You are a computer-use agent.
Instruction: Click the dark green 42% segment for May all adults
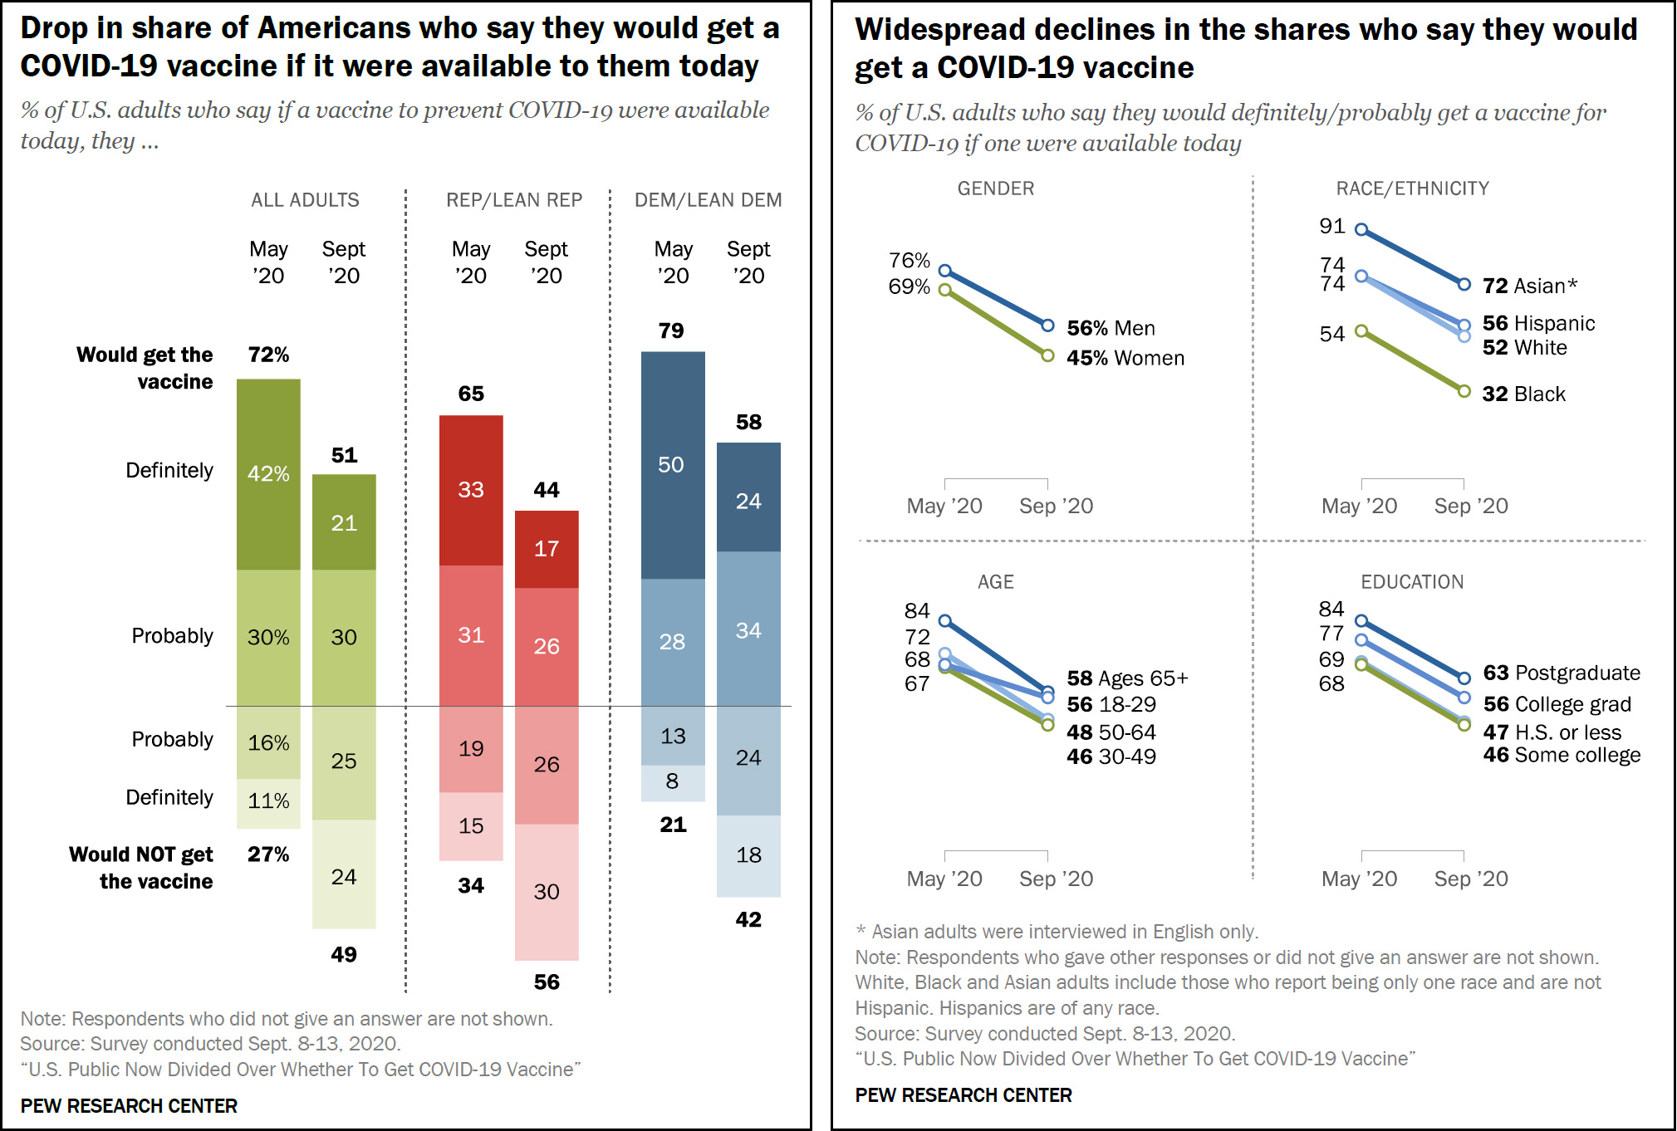268,474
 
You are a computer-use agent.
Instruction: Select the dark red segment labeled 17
547,549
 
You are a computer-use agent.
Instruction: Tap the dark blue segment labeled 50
672,465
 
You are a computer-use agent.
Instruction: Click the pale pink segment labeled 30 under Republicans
547,892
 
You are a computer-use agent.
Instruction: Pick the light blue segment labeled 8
673,782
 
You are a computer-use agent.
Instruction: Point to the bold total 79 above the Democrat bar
671,331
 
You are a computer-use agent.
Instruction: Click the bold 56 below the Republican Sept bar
547,982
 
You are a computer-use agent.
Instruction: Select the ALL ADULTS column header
305,200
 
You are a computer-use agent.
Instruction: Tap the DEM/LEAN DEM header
708,200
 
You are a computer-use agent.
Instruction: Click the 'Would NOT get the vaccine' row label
142,868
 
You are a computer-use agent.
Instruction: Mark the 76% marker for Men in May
944,271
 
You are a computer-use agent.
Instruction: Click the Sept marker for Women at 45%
1048,355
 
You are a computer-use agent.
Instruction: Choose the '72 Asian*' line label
1529,286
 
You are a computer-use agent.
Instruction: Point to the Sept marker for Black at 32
1464,391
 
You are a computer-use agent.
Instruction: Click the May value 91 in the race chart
1331,227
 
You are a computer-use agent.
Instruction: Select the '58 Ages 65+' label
1127,679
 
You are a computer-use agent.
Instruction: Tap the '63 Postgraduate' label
1561,673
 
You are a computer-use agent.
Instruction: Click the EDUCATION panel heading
1411,582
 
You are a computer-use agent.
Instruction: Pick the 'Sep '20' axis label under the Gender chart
1056,507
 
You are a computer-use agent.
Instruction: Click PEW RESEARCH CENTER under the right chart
963,1095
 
